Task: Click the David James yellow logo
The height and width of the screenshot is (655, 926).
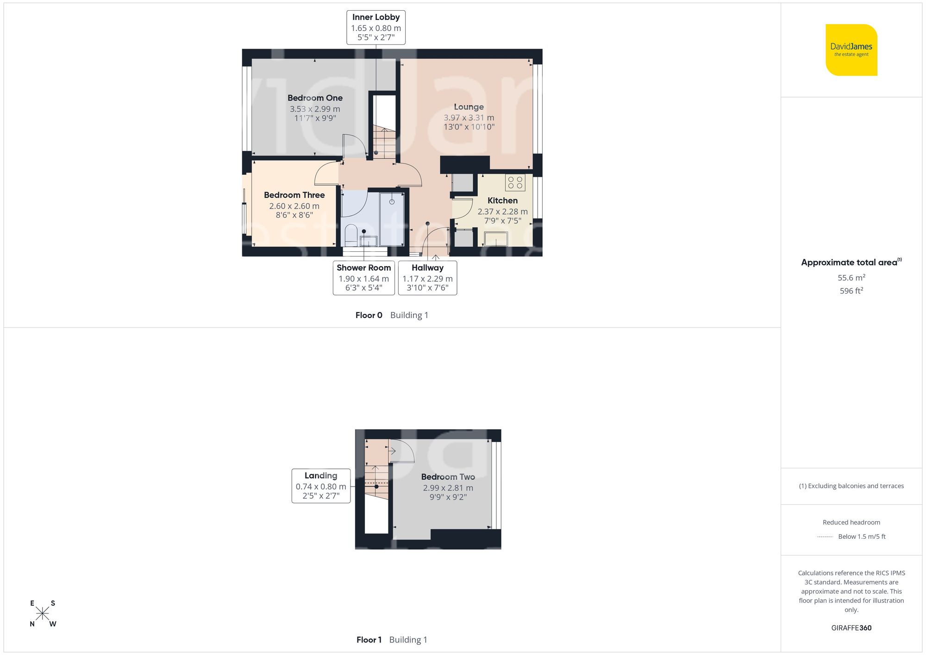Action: click(x=851, y=50)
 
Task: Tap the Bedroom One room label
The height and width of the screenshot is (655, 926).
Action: click(x=315, y=98)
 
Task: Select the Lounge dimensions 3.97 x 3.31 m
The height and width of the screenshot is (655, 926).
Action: click(x=469, y=118)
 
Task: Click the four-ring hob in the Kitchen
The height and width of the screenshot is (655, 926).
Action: click(x=515, y=182)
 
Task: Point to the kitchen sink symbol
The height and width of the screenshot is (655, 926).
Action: click(x=496, y=239)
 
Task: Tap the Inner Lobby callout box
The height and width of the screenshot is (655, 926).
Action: click(x=375, y=27)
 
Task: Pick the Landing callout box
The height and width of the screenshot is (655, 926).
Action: click(x=321, y=486)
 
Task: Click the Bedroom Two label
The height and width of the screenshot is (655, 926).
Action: click(x=448, y=477)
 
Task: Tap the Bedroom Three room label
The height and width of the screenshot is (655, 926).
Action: click(x=294, y=195)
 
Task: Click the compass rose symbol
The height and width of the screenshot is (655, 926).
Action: click(x=43, y=614)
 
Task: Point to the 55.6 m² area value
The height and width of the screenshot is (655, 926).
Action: click(x=851, y=278)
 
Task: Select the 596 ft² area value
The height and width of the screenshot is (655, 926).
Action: click(x=851, y=291)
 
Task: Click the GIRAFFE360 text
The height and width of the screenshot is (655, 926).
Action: click(x=851, y=628)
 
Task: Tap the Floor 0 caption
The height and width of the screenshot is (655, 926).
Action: click(x=369, y=315)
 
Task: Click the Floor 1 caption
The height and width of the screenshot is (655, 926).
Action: click(x=369, y=640)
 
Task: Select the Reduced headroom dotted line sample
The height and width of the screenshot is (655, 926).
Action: click(x=825, y=537)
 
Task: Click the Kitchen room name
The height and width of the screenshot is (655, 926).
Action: click(x=502, y=200)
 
